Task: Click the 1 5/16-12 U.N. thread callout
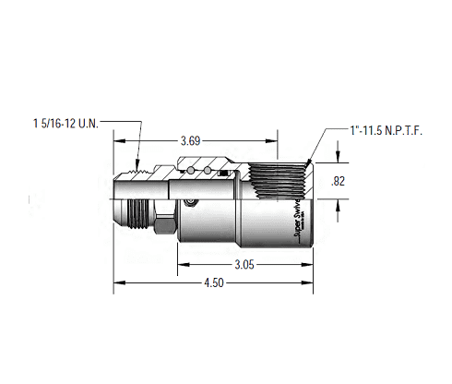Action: tap(65, 121)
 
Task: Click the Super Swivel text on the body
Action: tap(298, 220)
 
